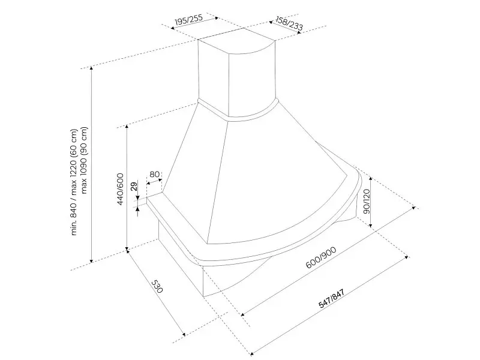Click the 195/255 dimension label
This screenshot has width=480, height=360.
pos(188,19)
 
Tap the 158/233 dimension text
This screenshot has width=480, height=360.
pos(289,23)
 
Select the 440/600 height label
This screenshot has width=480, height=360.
pos(120,189)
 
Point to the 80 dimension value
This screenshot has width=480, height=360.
pos(155,174)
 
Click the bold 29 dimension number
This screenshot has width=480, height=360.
pos(134,186)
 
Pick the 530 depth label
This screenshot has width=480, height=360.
pos(157,286)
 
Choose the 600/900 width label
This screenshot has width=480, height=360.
pos(321,257)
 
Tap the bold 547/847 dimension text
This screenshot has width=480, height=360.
pos(332,298)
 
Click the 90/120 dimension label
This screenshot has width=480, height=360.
pos(366,201)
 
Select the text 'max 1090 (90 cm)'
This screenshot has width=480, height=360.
pos(84,160)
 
